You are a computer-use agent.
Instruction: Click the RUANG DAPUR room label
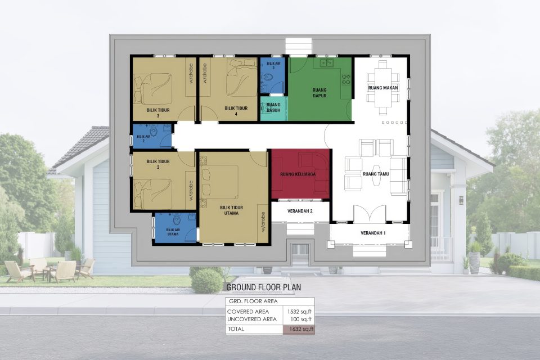pyautogui.click(x=320, y=92)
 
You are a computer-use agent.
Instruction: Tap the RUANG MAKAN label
pyautogui.click(x=384, y=88)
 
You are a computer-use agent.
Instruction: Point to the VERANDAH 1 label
pyautogui.click(x=370, y=233)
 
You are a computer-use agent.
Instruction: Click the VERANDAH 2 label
pyautogui.click(x=300, y=211)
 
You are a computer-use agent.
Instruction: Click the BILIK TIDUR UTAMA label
pyautogui.click(x=231, y=210)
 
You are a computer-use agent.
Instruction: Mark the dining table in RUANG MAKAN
pyautogui.click(x=384, y=82)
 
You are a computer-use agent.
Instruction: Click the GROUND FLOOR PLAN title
pyautogui.click(x=263, y=287)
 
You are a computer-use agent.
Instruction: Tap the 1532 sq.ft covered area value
pyautogui.click(x=298, y=311)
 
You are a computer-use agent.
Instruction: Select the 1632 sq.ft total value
pyautogui.click(x=298, y=329)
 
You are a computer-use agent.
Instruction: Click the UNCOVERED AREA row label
pyautogui.click(x=251, y=319)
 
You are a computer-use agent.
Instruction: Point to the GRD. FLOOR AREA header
pyautogui.click(x=251, y=301)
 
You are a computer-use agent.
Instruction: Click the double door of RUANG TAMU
pyautogui.click(x=369, y=214)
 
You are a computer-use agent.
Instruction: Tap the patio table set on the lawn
pyautogui.click(x=49, y=271)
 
